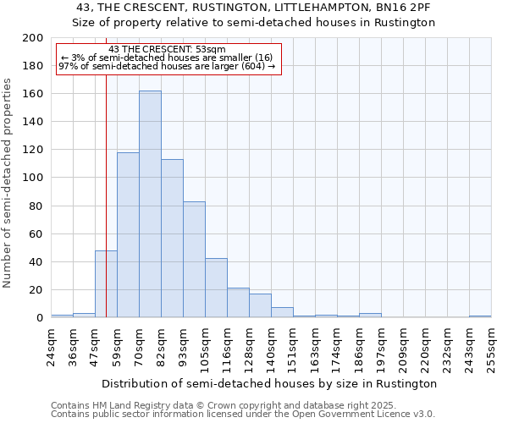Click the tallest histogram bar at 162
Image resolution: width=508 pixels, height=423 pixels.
click(x=150, y=204)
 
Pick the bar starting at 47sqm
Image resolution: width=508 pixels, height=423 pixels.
click(x=106, y=284)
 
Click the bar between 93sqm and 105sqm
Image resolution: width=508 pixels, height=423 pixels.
click(x=194, y=260)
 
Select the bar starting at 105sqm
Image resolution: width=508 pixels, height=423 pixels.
click(x=216, y=288)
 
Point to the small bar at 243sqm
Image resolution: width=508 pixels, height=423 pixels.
click(x=480, y=316)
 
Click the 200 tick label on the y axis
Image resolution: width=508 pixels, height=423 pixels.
click(x=33, y=38)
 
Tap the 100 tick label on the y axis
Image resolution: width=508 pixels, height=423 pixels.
click(x=33, y=178)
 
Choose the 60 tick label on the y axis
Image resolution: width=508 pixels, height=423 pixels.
click(x=36, y=233)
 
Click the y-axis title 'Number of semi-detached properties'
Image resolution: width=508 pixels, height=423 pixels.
click(x=8, y=183)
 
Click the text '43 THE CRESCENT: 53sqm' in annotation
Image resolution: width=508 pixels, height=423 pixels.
click(x=168, y=50)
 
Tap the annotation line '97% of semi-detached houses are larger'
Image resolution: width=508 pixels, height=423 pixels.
click(x=168, y=67)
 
